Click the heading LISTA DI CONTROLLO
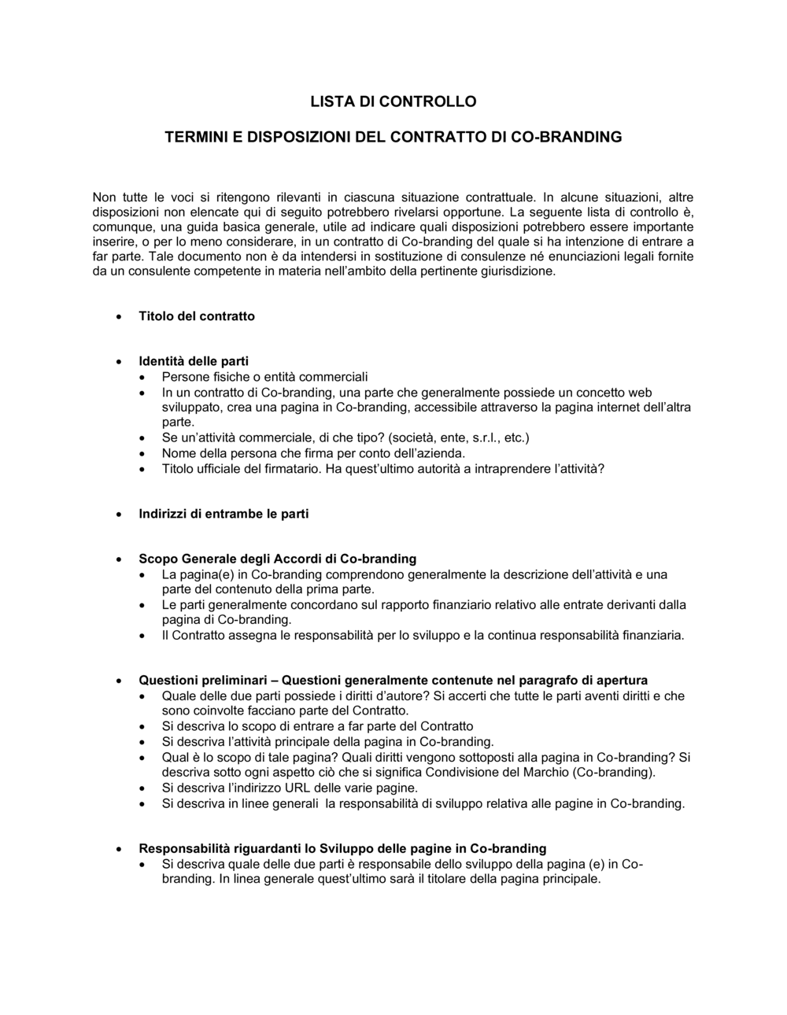pyautogui.click(x=393, y=101)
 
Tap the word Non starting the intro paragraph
pyautogui.click(x=105, y=197)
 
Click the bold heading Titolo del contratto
pyautogui.click(x=197, y=316)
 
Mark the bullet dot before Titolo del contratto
pyautogui.click(x=118, y=317)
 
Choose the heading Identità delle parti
pyautogui.click(x=194, y=362)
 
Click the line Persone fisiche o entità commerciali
pyautogui.click(x=264, y=377)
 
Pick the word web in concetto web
pyautogui.click(x=639, y=393)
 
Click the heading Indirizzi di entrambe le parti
pyautogui.click(x=224, y=514)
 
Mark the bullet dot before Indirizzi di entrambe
pyautogui.click(x=118, y=515)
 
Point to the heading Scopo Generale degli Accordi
pyautogui.click(x=277, y=559)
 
